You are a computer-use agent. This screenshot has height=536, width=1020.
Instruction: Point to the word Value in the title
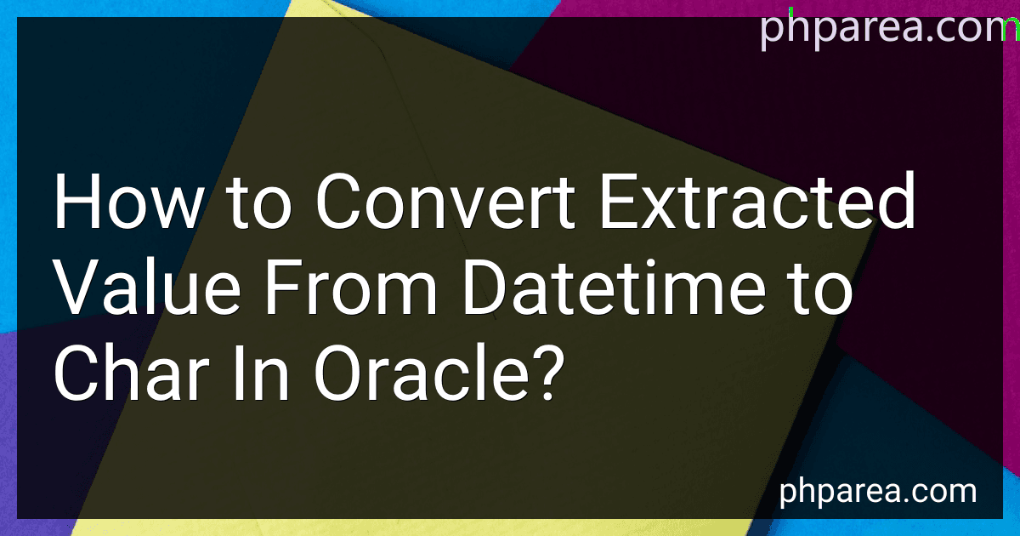pyautogui.click(x=147, y=287)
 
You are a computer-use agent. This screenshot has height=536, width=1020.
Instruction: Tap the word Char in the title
pyautogui.click(x=132, y=373)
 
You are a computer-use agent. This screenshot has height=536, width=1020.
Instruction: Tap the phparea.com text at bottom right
pyautogui.click(x=877, y=492)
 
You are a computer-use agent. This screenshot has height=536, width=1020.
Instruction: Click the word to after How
pyautogui.click(x=258, y=204)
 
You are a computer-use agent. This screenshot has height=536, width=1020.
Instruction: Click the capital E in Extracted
pyautogui.click(x=619, y=201)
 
